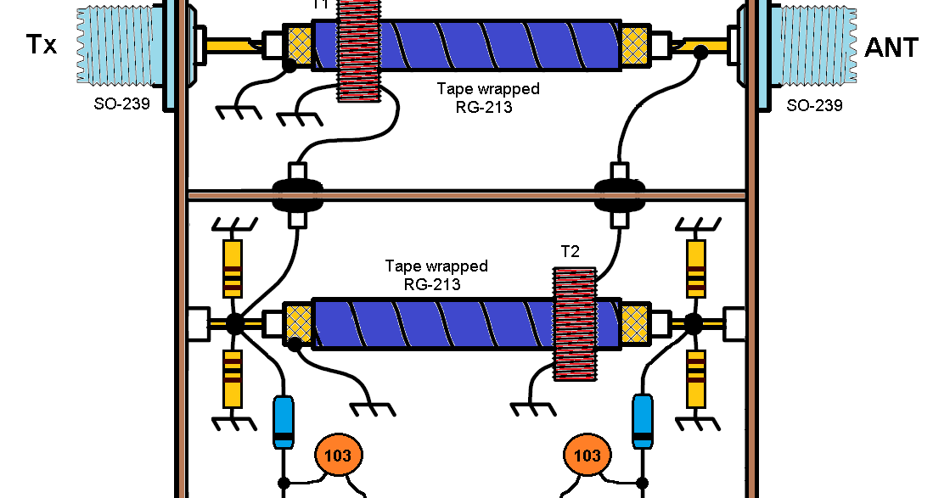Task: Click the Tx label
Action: [x=41, y=44]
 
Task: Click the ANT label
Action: [x=891, y=48]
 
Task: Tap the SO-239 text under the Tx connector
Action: [x=123, y=106]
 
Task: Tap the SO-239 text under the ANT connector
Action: [x=814, y=106]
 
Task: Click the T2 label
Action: [x=570, y=252]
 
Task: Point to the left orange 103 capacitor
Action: [x=338, y=456]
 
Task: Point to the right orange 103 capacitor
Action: [x=587, y=456]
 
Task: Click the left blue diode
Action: [x=283, y=422]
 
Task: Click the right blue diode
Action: [x=644, y=422]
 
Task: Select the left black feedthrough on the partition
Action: [x=296, y=194]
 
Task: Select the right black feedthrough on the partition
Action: [x=619, y=194]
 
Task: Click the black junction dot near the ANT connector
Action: [x=700, y=53]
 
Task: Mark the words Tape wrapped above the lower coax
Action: [x=436, y=266]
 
